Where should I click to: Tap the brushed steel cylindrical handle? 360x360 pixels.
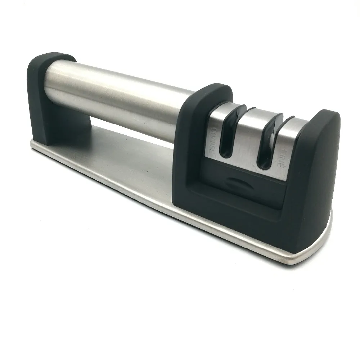point(120,101)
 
